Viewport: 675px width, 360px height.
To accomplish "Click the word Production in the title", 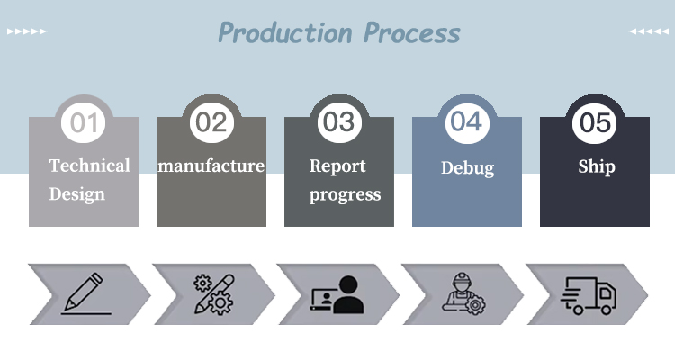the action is pyautogui.click(x=285, y=32).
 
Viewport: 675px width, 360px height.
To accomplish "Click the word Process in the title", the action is pyautogui.click(x=412, y=32).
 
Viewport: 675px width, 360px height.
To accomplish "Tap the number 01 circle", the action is pyautogui.click(x=84, y=122).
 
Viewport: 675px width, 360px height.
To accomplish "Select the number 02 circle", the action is pyautogui.click(x=211, y=122).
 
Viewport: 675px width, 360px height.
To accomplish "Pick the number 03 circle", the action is pyautogui.click(x=339, y=122).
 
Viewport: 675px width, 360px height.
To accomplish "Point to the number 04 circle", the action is pyautogui.click(x=467, y=122).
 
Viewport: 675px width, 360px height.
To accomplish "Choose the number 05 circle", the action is pyautogui.click(x=595, y=122).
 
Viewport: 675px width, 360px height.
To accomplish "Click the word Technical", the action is pyautogui.click(x=89, y=166).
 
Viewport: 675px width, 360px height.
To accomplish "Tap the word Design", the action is pyautogui.click(x=77, y=194).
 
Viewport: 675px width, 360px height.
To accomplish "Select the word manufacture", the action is pyautogui.click(x=211, y=166).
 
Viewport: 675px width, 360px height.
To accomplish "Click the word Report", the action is pyautogui.click(x=337, y=166).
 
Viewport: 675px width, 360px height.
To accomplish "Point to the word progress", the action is pyautogui.click(x=346, y=195).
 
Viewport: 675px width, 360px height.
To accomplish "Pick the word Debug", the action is pyautogui.click(x=467, y=168).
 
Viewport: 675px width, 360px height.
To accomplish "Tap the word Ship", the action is pyautogui.click(x=597, y=167).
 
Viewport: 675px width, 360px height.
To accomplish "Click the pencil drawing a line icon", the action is pyautogui.click(x=86, y=293).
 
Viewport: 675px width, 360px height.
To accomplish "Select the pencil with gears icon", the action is pyautogui.click(x=213, y=294).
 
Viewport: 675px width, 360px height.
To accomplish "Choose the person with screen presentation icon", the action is pyautogui.click(x=337, y=294).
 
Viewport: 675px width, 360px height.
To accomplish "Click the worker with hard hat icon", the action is pyautogui.click(x=463, y=293).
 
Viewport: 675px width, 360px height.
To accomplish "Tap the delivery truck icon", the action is pyautogui.click(x=588, y=295).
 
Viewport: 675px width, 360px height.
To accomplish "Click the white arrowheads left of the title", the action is pyautogui.click(x=27, y=31).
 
